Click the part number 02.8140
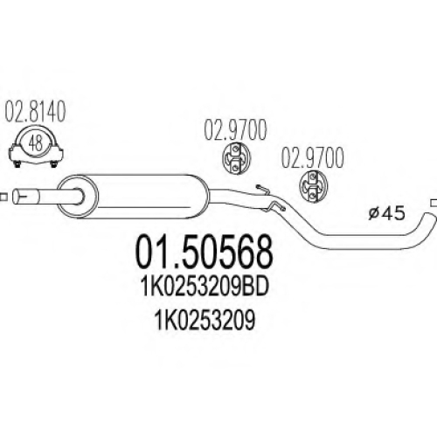35,113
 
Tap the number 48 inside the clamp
36,143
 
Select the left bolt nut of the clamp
17,163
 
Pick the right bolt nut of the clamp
53,163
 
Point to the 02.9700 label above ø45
312,158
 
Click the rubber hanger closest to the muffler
236,158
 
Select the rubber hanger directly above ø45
313,186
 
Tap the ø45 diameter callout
386,213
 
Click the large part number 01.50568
205,253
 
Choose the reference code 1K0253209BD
205,288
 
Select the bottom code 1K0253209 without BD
205,320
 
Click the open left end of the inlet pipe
17,197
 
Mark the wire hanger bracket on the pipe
270,198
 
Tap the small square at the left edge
3,197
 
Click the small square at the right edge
434,202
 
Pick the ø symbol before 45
373,214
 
